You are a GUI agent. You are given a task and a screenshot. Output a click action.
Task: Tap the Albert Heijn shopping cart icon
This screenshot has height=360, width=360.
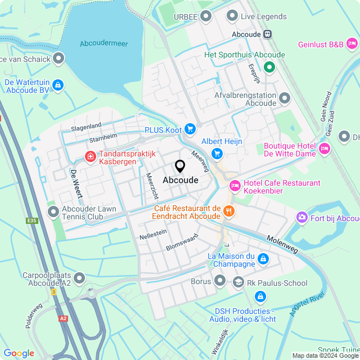tap(217, 154)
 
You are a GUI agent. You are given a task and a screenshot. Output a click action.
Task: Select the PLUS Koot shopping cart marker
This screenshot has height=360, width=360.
tap(190, 129)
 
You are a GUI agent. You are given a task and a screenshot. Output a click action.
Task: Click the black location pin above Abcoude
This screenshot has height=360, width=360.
tap(180, 166)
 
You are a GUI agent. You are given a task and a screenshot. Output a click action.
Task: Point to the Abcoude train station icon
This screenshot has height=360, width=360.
tap(268, 34)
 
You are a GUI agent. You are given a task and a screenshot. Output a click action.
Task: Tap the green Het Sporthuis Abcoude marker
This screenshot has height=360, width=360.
tap(269, 68)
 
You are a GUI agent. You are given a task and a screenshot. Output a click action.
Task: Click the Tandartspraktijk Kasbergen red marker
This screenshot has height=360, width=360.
tap(89, 156)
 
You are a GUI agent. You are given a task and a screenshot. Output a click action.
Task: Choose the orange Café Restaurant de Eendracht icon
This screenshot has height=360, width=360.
tap(228, 211)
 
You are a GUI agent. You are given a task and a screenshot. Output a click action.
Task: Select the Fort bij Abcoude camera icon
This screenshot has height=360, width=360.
tap(302, 218)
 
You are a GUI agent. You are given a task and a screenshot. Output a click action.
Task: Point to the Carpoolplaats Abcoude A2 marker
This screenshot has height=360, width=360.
tap(79, 278)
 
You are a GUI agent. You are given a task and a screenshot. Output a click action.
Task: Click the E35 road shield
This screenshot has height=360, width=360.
tap(31, 220)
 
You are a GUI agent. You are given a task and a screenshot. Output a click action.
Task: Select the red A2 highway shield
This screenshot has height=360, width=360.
tap(62, 318)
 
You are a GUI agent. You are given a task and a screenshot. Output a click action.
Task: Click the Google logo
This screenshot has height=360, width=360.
tap(19, 353)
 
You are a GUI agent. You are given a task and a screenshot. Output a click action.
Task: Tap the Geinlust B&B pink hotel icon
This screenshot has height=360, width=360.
tap(352, 43)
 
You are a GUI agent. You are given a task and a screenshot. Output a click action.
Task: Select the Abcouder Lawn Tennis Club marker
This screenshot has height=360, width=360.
tap(53, 212)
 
